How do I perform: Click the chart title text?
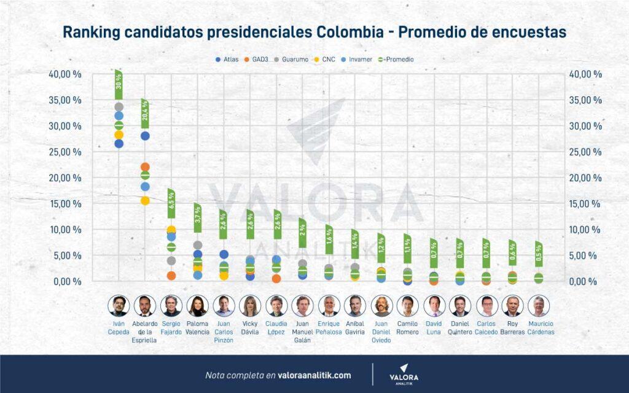[314, 32]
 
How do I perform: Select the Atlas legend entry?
[227, 60]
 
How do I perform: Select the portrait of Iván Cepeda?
[119, 306]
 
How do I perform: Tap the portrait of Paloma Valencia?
[198, 306]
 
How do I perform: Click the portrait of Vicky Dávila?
[251, 306]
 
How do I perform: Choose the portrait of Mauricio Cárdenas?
[539, 306]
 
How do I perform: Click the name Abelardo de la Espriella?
[145, 332]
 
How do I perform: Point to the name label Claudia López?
[276, 327]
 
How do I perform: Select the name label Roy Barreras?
[512, 327]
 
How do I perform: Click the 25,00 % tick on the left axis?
[66, 152]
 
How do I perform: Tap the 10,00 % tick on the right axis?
[585, 230]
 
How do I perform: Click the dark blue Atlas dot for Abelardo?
[145, 136]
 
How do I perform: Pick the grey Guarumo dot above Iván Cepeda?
[119, 107]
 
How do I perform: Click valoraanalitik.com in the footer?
[314, 375]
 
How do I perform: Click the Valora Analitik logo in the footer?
[404, 374]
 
